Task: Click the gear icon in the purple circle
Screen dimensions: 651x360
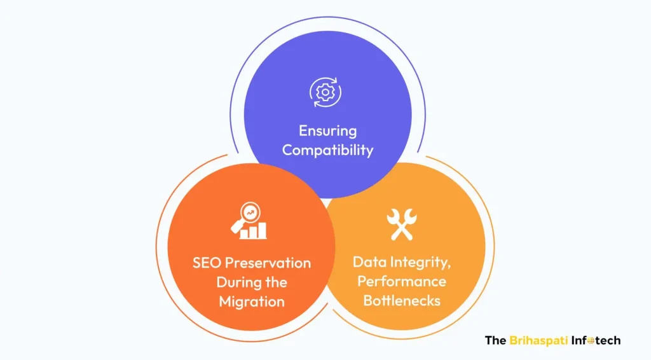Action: tap(325, 92)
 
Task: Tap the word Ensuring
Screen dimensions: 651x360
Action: tap(327, 131)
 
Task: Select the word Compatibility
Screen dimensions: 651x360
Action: tap(327, 150)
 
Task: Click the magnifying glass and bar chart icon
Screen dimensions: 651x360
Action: tap(249, 221)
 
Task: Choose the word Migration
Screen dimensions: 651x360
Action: tap(252, 302)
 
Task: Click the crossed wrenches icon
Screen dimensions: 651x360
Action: tap(402, 225)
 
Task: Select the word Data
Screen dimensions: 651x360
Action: tap(369, 262)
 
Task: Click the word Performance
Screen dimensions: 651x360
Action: tap(402, 282)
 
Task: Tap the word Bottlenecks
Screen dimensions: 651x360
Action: tap(402, 301)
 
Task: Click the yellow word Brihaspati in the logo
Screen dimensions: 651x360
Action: tap(538, 341)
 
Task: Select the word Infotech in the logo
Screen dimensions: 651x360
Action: tap(596, 341)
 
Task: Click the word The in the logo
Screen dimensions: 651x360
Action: tap(495, 341)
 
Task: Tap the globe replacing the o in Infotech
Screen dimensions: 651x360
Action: tap(591, 342)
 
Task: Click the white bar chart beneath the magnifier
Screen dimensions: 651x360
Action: tap(253, 231)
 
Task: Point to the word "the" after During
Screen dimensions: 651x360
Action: tap(276, 282)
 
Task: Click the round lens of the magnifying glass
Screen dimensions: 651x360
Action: tap(250, 212)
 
